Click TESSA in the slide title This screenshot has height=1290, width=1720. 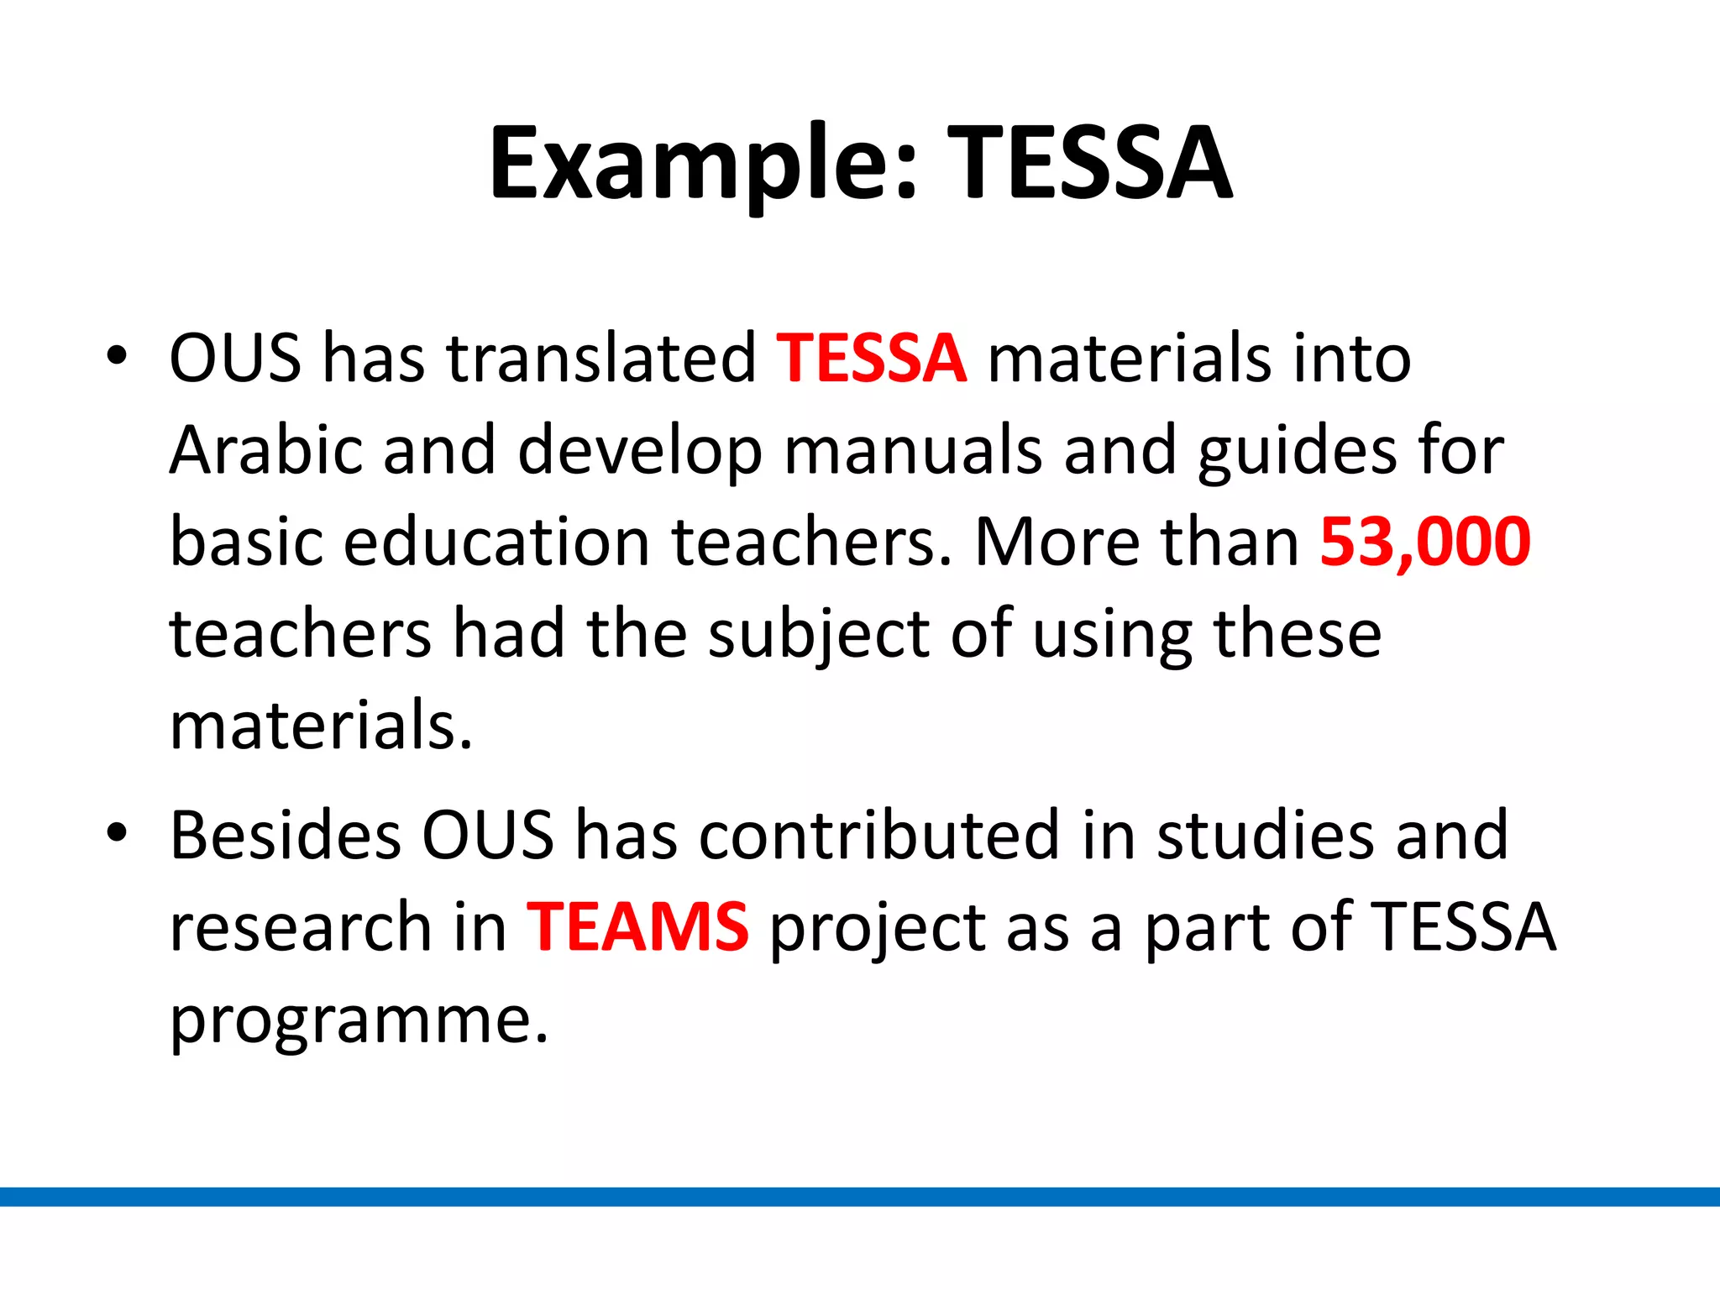point(1089,164)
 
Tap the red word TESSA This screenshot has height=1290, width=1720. point(871,359)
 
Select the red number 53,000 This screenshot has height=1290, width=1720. point(1424,542)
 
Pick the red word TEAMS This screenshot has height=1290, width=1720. point(637,927)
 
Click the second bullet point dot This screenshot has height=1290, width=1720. point(117,834)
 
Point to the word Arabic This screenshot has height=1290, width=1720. point(265,450)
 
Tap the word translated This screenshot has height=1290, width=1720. point(601,359)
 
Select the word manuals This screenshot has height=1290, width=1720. point(913,450)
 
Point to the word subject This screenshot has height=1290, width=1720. point(818,635)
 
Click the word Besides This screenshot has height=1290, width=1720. point(286,835)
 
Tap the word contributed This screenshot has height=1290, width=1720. point(878,835)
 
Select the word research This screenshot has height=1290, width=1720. point(301,927)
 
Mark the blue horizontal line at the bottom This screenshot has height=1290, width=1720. point(860,1197)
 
